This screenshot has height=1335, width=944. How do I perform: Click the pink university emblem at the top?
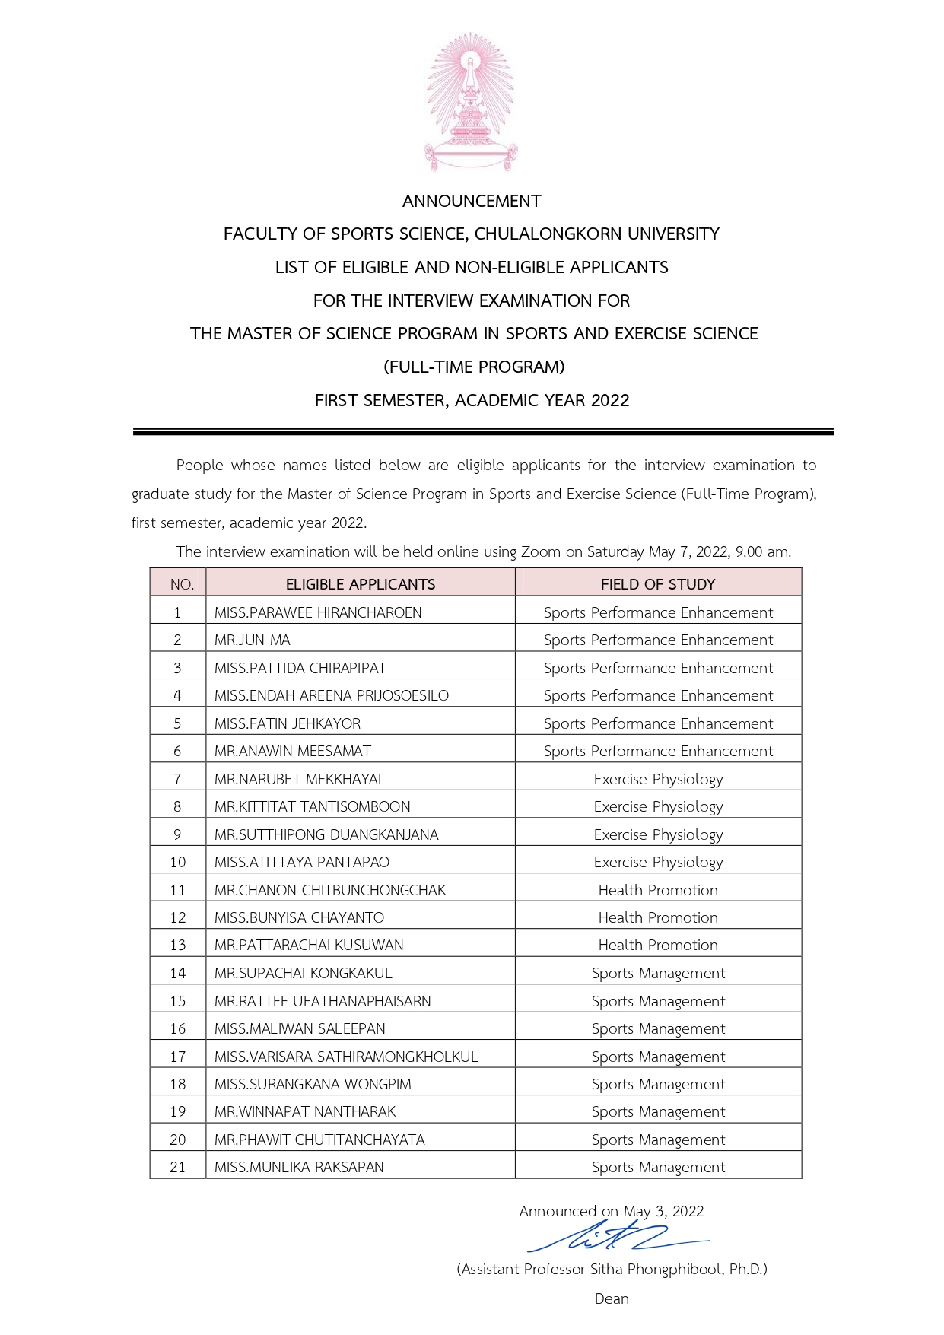[472, 103]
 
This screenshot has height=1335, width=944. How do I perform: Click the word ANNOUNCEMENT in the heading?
[472, 202]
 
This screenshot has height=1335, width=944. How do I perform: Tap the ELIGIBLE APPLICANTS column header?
[361, 584]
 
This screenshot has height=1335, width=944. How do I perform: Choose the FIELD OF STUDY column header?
[658, 584]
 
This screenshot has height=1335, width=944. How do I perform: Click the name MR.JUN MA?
[253, 640]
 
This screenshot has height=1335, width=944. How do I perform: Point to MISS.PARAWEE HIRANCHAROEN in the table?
[318, 612]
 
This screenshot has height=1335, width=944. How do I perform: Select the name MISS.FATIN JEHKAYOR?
[288, 723]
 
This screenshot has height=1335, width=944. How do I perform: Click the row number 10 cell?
[178, 862]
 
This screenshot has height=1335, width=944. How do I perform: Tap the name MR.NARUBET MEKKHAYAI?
[297, 779]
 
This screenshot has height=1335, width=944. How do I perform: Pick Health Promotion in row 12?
[658, 917]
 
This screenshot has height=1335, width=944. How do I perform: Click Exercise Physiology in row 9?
[658, 834]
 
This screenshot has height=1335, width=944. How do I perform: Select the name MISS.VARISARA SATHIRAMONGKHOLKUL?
[346, 1057]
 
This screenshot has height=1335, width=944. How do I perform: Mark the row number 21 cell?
[178, 1167]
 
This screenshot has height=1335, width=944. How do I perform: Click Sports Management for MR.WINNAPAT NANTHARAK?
[658, 1111]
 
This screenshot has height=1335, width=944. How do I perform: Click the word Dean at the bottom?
[612, 1298]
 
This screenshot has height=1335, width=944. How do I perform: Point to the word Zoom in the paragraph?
[540, 552]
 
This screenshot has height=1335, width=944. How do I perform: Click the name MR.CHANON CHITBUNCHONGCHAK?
[330, 890]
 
